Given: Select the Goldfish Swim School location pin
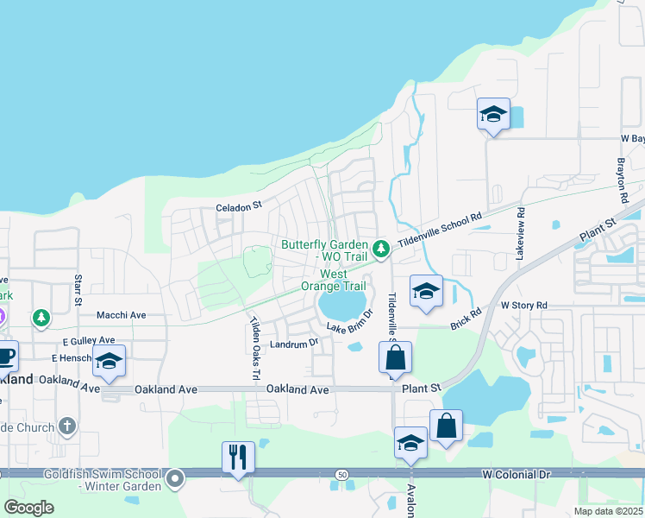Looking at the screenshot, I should [176, 477].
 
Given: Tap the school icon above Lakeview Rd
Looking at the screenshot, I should [493, 114].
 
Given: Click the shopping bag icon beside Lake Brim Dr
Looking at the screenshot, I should [395, 357].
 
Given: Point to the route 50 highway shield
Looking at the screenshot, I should [341, 474].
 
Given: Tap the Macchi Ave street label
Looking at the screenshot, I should [121, 315].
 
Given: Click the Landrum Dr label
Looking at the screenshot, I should [294, 342].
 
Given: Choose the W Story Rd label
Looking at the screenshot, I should [524, 306].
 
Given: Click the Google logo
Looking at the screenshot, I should [29, 508].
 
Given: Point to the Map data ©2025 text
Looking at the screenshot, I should [607, 511].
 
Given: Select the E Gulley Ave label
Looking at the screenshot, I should [83, 341].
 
